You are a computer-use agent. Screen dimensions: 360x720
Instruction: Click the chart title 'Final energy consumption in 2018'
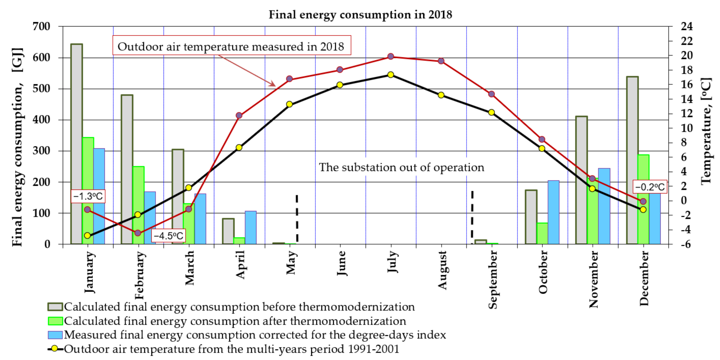tap(360, 15)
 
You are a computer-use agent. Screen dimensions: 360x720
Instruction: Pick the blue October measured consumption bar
tap(553, 212)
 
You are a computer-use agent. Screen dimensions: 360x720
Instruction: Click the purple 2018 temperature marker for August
tap(441, 61)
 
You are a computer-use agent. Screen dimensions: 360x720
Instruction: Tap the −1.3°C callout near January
tap(88, 196)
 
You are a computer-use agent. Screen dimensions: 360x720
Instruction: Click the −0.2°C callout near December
tap(650, 187)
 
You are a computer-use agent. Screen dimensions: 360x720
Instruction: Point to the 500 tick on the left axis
tap(41, 89)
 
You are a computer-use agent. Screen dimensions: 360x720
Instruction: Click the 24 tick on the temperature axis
tap(686, 27)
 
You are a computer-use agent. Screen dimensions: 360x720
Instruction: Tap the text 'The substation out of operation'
tap(401, 167)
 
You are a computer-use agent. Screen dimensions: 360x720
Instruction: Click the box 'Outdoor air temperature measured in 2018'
tap(231, 46)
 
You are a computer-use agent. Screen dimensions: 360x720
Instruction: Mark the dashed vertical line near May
tap(297, 218)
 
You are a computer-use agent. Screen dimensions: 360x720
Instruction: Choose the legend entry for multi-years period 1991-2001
tap(231, 349)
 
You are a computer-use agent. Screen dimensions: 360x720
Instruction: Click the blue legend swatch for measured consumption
tap(55, 335)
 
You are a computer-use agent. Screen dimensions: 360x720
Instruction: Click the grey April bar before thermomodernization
tap(228, 231)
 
